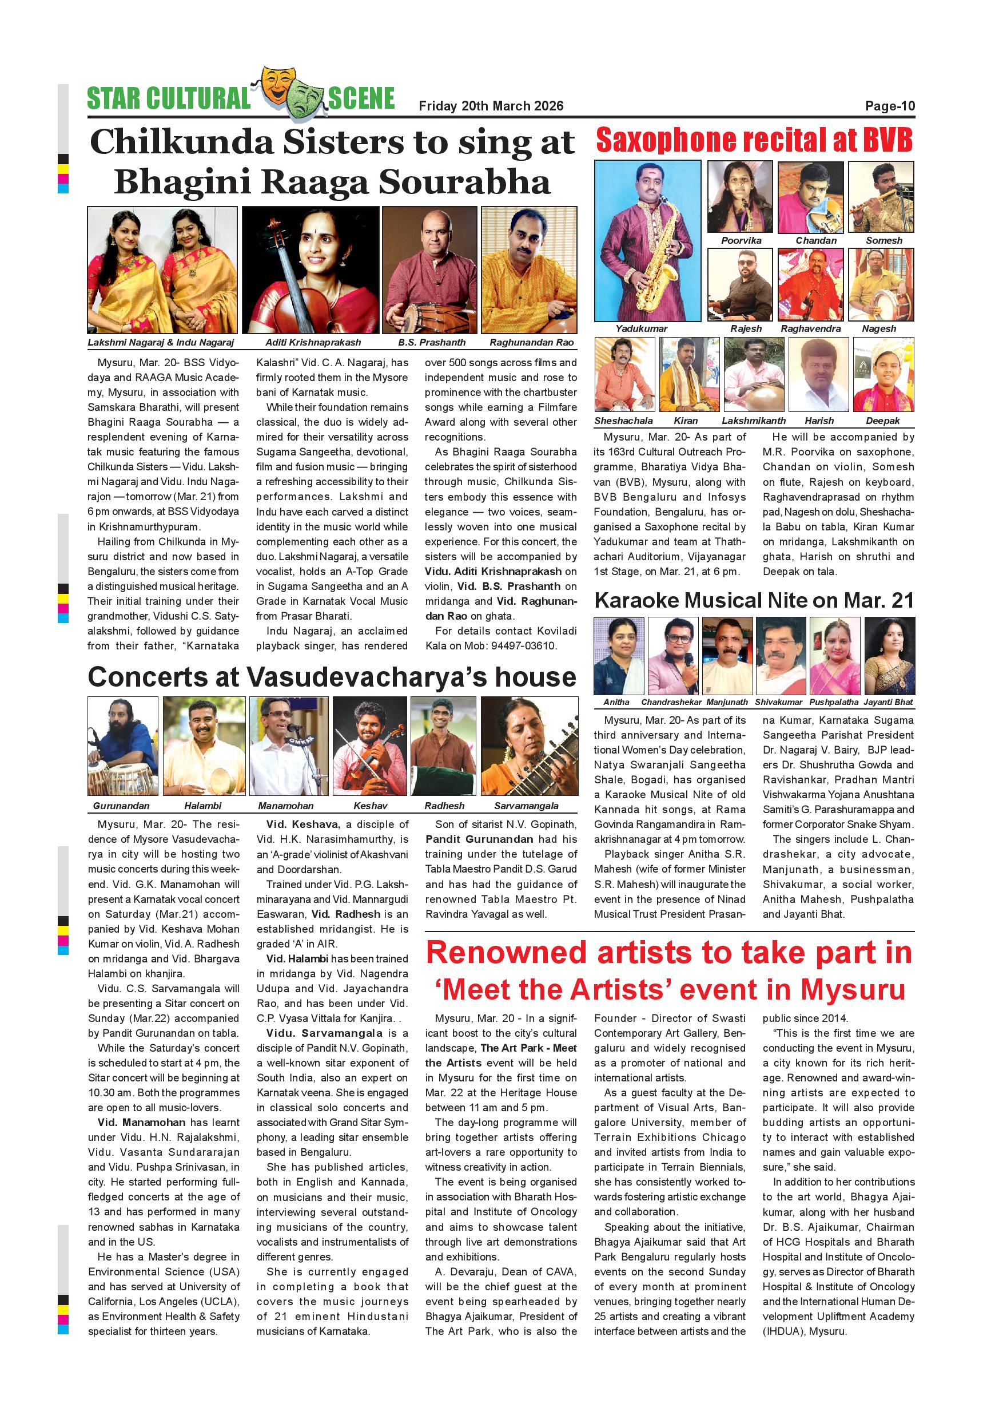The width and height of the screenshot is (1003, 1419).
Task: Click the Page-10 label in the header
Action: tap(889, 106)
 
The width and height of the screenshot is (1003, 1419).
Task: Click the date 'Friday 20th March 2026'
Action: tap(491, 106)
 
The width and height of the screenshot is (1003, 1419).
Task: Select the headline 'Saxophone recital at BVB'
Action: tap(754, 140)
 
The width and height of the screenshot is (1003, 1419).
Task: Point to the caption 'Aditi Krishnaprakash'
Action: tap(313, 342)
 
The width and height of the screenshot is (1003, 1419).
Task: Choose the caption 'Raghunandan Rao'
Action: tap(531, 342)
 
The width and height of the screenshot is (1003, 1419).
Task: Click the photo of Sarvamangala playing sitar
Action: tap(530, 746)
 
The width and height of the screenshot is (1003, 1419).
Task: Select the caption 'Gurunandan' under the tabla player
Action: tap(121, 806)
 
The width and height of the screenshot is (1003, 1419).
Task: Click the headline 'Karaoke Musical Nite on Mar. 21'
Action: tap(754, 601)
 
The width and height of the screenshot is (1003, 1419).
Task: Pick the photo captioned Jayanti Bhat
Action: tap(889, 656)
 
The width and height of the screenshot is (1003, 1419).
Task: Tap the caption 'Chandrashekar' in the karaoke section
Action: tap(671, 702)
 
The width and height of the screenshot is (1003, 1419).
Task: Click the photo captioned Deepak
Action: tap(882, 375)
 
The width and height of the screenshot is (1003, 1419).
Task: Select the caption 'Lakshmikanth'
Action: tap(754, 421)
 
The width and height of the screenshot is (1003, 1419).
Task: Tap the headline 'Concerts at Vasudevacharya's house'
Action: tap(332, 677)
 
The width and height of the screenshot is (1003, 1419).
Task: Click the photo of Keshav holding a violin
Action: tap(369, 746)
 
